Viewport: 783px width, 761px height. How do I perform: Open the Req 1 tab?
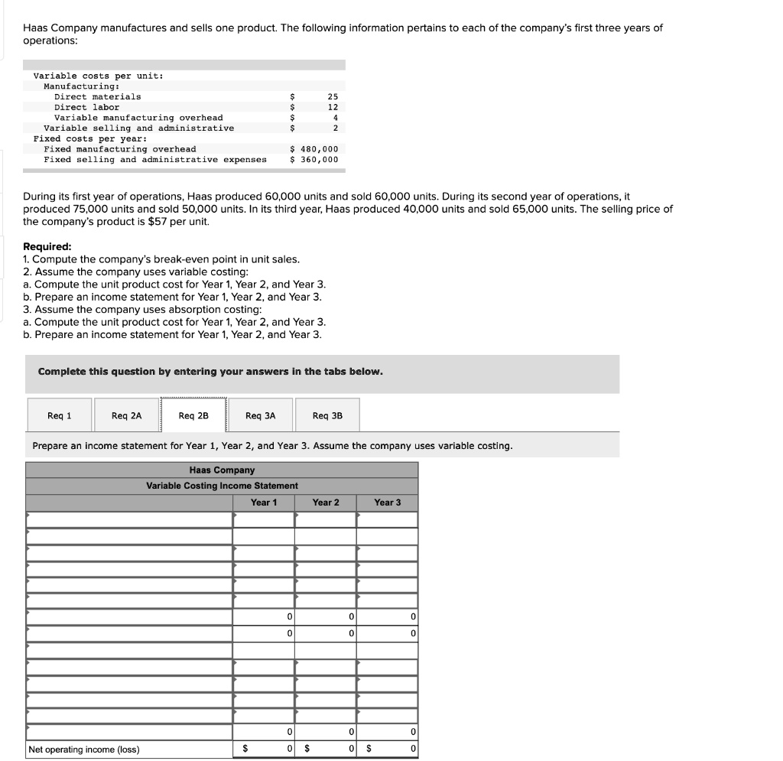59,415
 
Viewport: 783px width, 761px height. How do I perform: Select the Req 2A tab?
126,415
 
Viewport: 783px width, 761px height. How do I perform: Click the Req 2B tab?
193,415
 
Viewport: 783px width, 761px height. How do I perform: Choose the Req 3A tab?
260,415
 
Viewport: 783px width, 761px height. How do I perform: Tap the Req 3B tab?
327,415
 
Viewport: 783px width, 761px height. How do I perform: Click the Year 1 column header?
264,502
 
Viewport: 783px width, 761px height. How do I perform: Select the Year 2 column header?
325,502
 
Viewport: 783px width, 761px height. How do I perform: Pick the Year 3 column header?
387,502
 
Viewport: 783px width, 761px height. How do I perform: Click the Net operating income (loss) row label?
84,750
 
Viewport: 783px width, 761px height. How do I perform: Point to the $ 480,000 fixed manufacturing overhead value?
314,149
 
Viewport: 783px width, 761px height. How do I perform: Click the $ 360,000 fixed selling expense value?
314,160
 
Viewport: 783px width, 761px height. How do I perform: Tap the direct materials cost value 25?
333,96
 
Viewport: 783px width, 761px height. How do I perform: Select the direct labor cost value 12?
333,107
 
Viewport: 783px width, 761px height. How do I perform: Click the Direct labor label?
87,107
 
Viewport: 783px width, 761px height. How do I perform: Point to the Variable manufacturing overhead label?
138,118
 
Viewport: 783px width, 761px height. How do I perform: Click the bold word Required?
47,246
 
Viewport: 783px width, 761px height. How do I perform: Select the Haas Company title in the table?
222,470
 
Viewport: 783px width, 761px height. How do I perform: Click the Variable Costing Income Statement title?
222,486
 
